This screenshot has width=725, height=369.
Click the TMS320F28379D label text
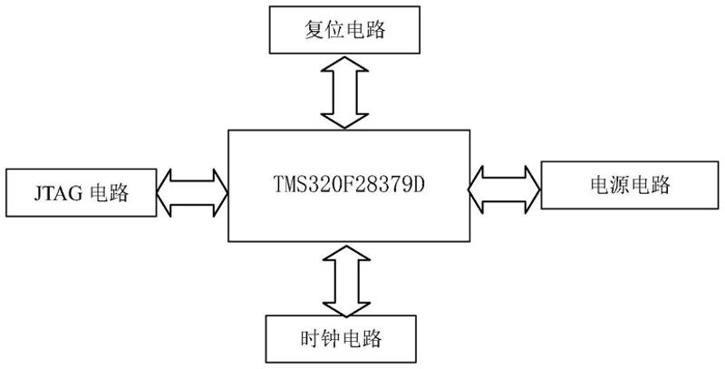pos(349,185)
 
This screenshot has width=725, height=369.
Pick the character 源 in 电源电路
pos(617,186)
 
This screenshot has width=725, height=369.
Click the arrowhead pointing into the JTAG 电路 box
pos(167,191)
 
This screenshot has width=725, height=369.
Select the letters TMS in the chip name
pos(294,185)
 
